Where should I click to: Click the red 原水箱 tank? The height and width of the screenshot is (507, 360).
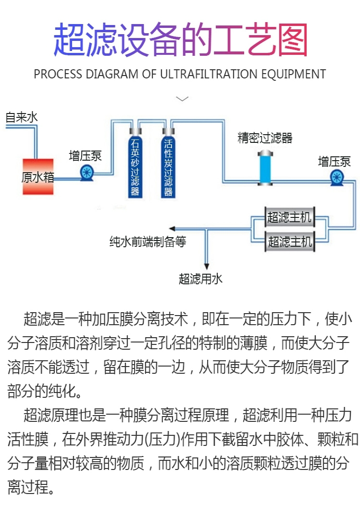[38, 177]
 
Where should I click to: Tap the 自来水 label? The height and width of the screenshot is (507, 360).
[21, 117]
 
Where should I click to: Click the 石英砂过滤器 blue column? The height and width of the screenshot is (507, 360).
[135, 166]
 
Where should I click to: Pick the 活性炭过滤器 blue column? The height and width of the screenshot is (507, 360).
[168, 166]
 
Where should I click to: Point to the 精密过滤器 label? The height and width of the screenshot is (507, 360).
[265, 139]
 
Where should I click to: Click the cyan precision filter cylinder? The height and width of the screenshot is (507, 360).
[265, 168]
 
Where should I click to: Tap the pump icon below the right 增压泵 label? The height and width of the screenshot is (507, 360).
[337, 177]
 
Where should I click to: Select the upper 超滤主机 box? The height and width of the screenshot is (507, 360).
[289, 217]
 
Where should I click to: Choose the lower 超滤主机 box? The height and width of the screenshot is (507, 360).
[289, 241]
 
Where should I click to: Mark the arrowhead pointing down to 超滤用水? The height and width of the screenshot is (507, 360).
[207, 266]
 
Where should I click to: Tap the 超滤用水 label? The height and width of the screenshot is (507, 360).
[201, 279]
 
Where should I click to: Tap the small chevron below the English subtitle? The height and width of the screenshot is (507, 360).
[182, 99]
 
